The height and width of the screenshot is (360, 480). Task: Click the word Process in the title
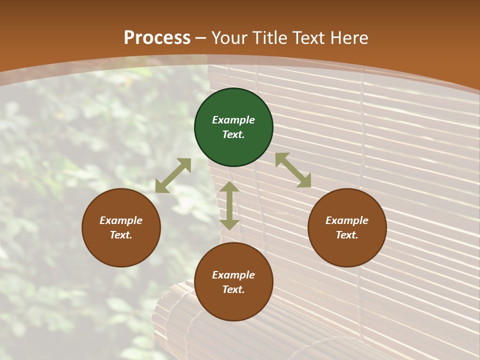pyautogui.click(x=157, y=38)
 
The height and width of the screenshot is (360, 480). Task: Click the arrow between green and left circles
pyautogui.click(x=173, y=175)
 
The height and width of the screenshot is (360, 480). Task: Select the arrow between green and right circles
pyautogui.click(x=293, y=170)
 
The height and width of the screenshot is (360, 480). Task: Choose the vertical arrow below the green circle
pyautogui.click(x=229, y=205)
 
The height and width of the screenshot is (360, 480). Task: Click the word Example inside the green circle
pyautogui.click(x=233, y=120)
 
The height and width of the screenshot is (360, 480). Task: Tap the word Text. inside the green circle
pyautogui.click(x=233, y=134)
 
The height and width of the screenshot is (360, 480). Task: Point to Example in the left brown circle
pyautogui.click(x=121, y=220)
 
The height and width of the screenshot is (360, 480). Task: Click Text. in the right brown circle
pyautogui.click(x=347, y=235)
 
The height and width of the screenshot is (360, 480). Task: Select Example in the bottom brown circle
pyautogui.click(x=233, y=275)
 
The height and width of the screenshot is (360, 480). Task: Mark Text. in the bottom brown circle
pyautogui.click(x=233, y=289)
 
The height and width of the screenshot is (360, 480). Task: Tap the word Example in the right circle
pyautogui.click(x=347, y=220)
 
